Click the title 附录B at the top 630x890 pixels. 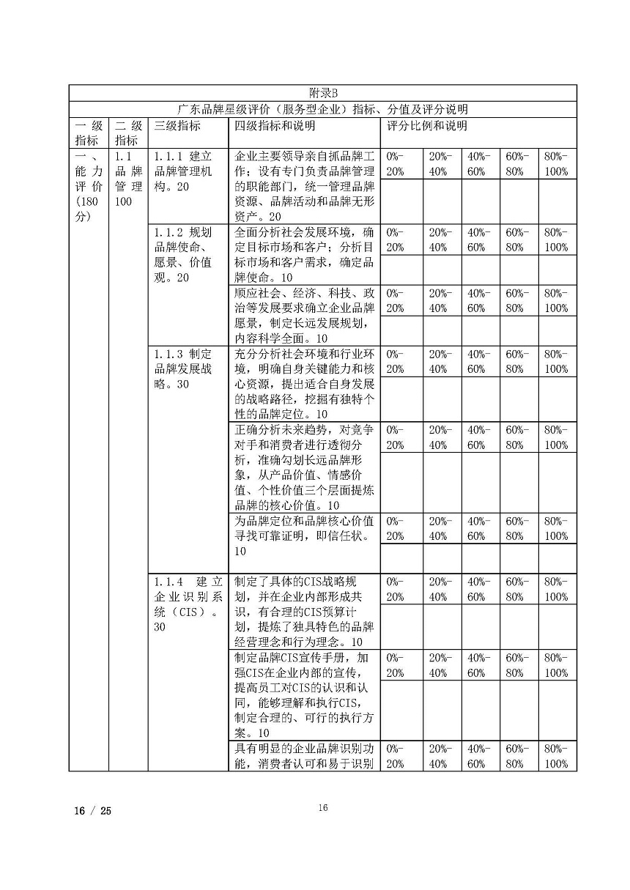pos(322,93)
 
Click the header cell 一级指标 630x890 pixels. pos(89,133)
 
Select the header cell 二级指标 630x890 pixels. pos(127,133)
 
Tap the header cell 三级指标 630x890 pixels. pos(178,125)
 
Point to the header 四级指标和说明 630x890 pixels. pos(275,125)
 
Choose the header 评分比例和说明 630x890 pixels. pos(427,125)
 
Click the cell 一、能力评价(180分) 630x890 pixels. pos(89,186)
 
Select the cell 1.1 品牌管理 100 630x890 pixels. pos(127,179)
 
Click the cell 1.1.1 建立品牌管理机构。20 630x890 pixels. pos(184,171)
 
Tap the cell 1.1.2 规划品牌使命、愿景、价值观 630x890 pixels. pos(184,254)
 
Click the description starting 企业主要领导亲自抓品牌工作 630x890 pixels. pos(304,186)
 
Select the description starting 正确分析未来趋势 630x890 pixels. pos(304,467)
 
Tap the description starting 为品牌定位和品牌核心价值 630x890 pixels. pos(304,535)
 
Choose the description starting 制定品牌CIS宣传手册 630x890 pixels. pos(304,694)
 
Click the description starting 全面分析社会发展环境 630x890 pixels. pos(304,254)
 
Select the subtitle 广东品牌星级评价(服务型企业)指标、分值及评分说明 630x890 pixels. pos(322,109)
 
